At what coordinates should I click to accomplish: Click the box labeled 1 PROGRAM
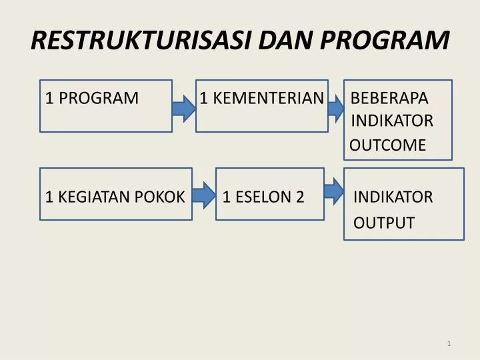(106, 106)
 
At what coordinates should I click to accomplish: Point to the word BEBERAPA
(389, 98)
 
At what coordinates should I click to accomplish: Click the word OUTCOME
(388, 145)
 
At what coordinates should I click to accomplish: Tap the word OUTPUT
(384, 223)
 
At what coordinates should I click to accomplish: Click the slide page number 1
(450, 343)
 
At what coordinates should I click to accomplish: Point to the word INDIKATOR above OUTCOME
(392, 121)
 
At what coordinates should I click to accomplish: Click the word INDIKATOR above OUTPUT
(393, 197)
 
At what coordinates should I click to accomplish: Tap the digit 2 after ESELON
(300, 197)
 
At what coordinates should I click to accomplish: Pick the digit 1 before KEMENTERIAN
(203, 98)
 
